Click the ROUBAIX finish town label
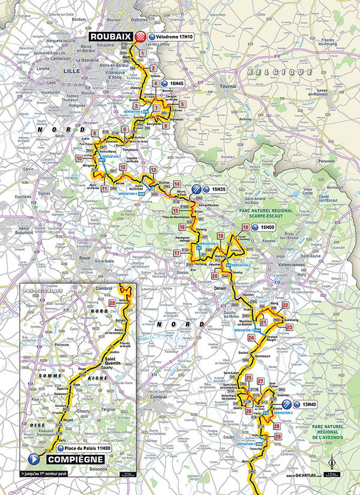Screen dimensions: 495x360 pyautogui.click(x=112, y=37)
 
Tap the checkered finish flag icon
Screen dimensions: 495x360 pyautogui.click(x=140, y=37)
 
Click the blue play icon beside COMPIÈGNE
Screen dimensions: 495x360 pyautogui.click(x=34, y=458)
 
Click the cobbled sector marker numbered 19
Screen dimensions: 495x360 pyautogui.click(x=245, y=227)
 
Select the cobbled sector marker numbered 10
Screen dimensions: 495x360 pyautogui.click(x=79, y=158)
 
